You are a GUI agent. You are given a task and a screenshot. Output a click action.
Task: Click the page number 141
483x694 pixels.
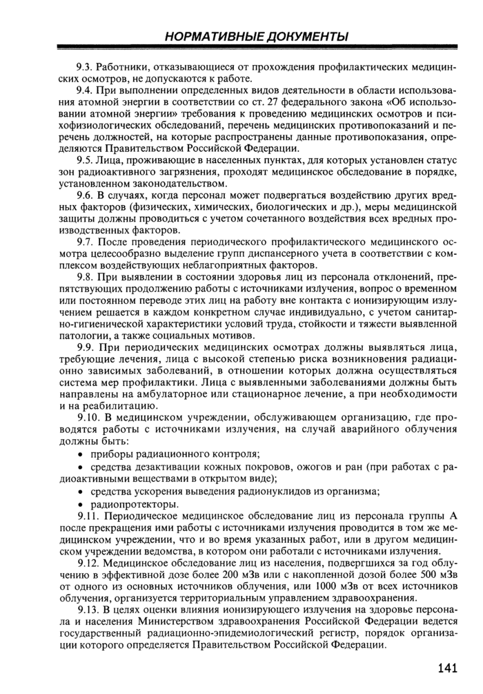pos(448,668)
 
